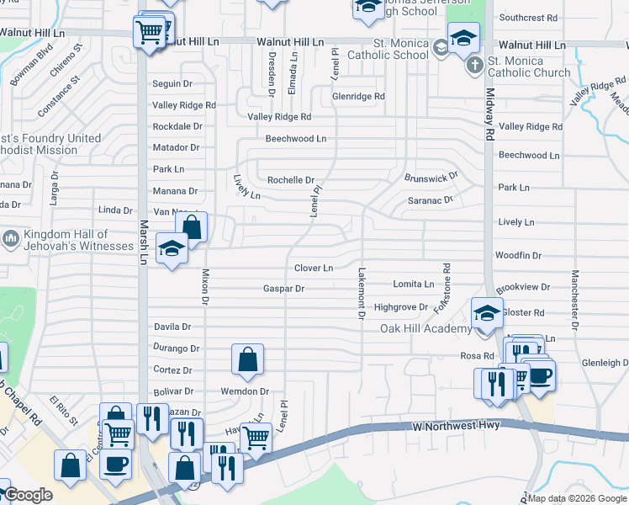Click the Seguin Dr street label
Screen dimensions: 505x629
172,84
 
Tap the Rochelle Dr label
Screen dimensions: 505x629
290,180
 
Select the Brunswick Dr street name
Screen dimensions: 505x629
431,178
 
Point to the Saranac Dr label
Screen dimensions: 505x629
431,200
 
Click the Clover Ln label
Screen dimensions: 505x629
314,268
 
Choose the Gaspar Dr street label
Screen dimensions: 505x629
283,289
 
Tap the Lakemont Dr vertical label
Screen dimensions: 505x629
361,293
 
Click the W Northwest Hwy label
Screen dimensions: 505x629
457,427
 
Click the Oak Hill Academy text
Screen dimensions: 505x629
426,328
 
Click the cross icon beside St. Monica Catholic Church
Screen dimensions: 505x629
474,64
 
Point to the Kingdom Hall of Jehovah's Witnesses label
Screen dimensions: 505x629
67,240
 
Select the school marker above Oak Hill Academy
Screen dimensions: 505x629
487,313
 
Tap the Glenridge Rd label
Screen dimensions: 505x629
358,97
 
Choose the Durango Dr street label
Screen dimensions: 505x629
177,348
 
